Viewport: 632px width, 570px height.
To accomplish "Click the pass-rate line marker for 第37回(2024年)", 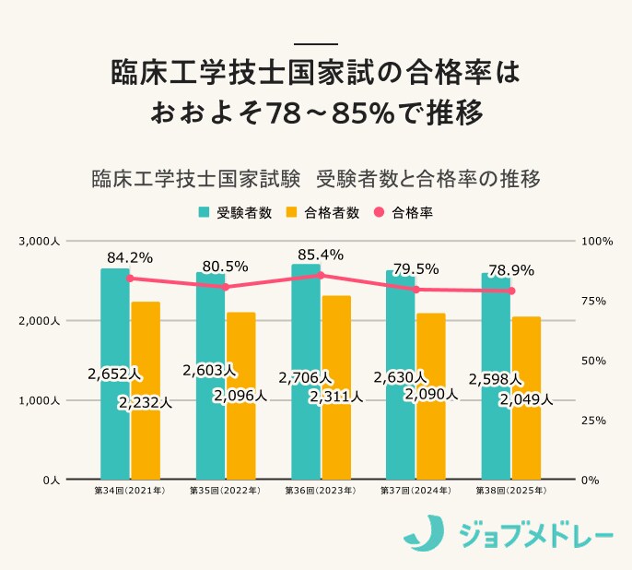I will coord(416,290).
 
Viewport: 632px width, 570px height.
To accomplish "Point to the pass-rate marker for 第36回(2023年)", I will coord(321,275).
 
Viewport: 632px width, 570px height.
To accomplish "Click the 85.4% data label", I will coord(321,254).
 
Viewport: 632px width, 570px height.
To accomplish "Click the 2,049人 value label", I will coord(526,399).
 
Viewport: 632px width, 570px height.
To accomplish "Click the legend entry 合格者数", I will coord(323,212).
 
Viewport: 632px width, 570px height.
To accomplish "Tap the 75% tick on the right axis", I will coord(598,301).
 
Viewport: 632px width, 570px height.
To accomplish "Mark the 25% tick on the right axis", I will coord(598,421).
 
